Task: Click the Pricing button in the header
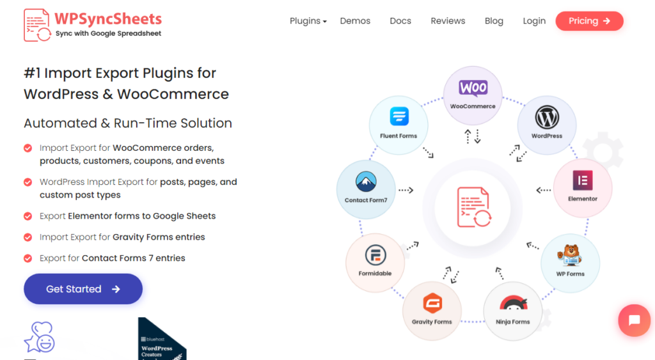tap(589, 21)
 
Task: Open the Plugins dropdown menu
tap(308, 21)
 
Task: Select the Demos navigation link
tap(355, 21)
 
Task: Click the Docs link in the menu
tap(400, 21)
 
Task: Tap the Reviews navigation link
tap(448, 21)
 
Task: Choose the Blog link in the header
tap(494, 21)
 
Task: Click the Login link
tap(534, 21)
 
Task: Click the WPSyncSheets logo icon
tap(37, 26)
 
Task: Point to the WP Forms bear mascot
tap(570, 255)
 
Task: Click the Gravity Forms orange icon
tap(432, 304)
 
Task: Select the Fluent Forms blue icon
tap(399, 118)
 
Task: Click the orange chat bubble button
tap(634, 320)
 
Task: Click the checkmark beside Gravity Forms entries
tap(28, 237)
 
